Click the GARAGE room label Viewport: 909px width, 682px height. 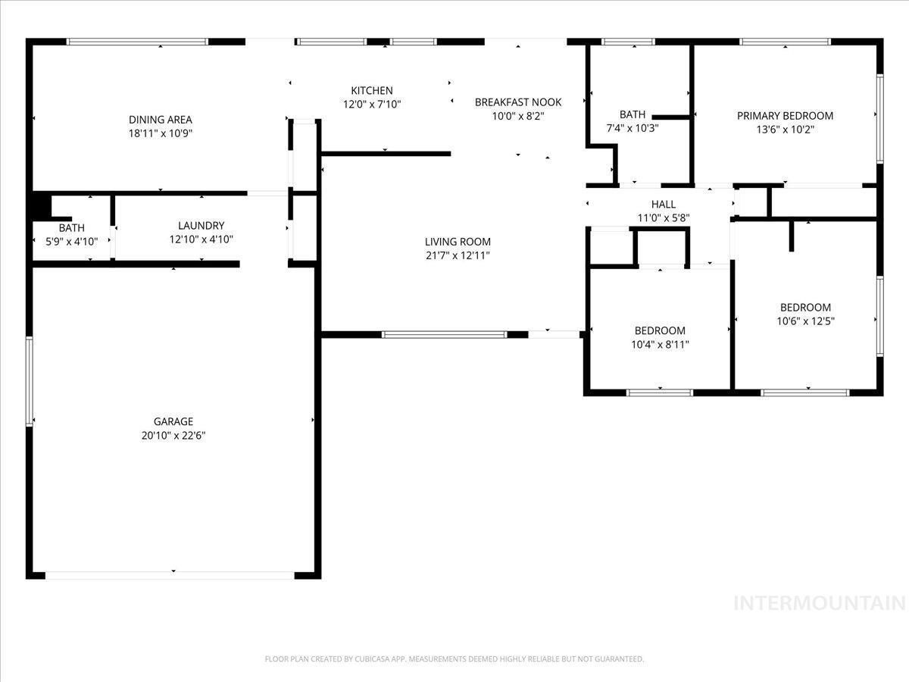[173, 421]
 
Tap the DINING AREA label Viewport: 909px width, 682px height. [161, 120]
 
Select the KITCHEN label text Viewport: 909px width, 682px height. [372, 91]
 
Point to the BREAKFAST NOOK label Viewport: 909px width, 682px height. [518, 102]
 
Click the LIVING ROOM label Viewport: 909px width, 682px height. [458, 242]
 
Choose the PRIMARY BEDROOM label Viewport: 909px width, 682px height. [786, 116]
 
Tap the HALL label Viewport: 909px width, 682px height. [664, 204]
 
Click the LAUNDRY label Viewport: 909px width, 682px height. [201, 226]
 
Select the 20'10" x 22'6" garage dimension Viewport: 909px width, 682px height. [173, 436]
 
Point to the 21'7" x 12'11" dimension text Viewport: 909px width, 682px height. [458, 255]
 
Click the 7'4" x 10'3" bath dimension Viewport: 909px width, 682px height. [633, 128]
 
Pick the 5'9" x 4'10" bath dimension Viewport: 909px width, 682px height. [72, 242]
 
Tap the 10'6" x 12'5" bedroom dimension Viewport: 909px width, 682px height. [805, 321]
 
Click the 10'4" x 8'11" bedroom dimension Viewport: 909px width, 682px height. [660, 345]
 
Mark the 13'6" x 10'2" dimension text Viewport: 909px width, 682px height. [786, 130]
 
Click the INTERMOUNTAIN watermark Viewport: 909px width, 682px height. [820, 603]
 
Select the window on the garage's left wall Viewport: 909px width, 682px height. [29, 382]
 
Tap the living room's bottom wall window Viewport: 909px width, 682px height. [444, 335]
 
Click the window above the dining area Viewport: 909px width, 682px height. [138, 42]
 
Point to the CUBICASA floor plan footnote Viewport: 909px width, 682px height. [454, 659]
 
